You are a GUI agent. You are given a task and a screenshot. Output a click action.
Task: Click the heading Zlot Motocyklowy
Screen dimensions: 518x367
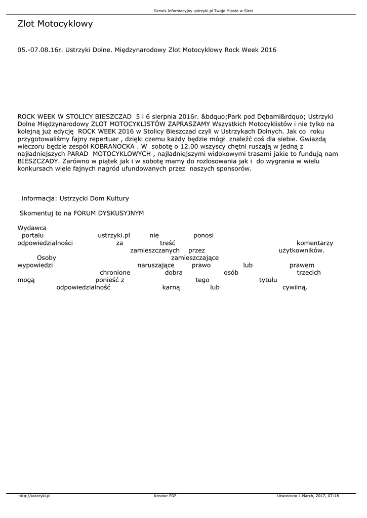point(55,24)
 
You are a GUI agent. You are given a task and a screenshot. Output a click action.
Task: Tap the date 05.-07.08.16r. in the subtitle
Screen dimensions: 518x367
point(38,51)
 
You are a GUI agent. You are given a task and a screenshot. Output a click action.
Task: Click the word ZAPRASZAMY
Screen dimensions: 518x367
point(184,123)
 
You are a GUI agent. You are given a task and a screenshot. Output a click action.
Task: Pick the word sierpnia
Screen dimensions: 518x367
point(164,116)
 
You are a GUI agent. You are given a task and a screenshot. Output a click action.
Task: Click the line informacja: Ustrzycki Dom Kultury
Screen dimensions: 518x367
point(75,198)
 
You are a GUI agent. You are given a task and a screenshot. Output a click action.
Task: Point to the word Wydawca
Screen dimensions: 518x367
point(32,228)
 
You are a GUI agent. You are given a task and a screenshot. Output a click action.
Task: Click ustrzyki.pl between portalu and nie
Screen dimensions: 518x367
point(114,235)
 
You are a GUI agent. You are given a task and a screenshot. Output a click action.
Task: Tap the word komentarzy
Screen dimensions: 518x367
point(314,243)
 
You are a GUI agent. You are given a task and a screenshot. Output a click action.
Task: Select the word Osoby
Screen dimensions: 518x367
point(47,258)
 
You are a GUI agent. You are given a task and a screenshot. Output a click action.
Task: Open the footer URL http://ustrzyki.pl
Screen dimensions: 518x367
point(34,496)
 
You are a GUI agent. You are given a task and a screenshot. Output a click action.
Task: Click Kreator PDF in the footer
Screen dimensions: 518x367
point(165,496)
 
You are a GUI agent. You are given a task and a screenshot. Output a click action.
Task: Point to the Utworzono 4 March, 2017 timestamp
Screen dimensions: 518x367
point(308,496)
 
